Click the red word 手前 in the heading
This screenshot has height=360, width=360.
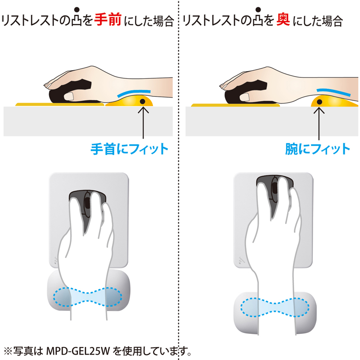[108, 22]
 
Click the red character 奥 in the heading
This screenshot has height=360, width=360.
[283, 22]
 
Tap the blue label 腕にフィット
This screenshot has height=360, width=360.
[317, 148]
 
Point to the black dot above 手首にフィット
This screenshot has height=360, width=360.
[143, 102]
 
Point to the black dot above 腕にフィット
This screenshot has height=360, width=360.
[319, 102]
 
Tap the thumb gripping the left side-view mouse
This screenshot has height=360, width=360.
[70, 96]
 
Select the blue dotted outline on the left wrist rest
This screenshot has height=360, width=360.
[88, 297]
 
